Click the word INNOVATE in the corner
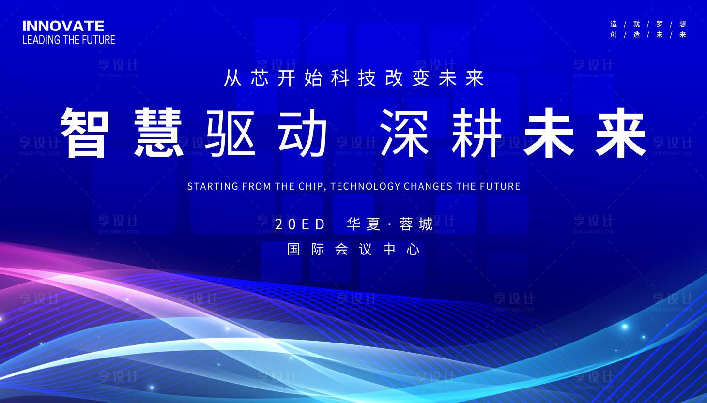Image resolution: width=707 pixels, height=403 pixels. [63, 26]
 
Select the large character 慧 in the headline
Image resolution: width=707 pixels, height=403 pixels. [158, 133]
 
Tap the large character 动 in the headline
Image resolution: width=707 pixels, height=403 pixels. [303, 133]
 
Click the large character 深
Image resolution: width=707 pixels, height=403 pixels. [405, 133]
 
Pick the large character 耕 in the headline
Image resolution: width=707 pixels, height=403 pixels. [476, 133]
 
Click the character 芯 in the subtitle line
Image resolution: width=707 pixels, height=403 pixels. [260, 78]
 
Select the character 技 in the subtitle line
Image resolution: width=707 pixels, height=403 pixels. [367, 78]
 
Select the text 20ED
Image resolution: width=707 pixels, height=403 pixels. [300, 224]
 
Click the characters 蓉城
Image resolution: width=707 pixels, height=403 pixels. [416, 224]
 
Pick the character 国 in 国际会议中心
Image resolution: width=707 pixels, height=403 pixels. [294, 250]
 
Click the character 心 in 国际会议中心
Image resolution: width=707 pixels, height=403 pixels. [413, 250]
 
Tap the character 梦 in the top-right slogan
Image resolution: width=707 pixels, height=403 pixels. [660, 24]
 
